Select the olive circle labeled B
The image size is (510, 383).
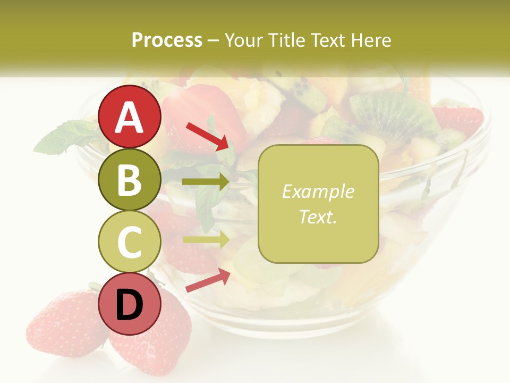click(130, 180)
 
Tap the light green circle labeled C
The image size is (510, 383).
click(130, 242)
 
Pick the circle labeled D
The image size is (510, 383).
click(130, 304)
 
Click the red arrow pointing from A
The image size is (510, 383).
click(207, 136)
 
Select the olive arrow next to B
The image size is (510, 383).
click(206, 182)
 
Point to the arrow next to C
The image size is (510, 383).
click(206, 239)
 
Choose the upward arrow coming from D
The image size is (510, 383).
click(208, 280)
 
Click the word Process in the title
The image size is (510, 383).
click(167, 40)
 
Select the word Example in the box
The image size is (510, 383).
click(318, 191)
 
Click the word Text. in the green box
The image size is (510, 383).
click(318, 217)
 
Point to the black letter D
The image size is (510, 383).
click(130, 305)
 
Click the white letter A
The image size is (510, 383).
click(130, 117)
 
